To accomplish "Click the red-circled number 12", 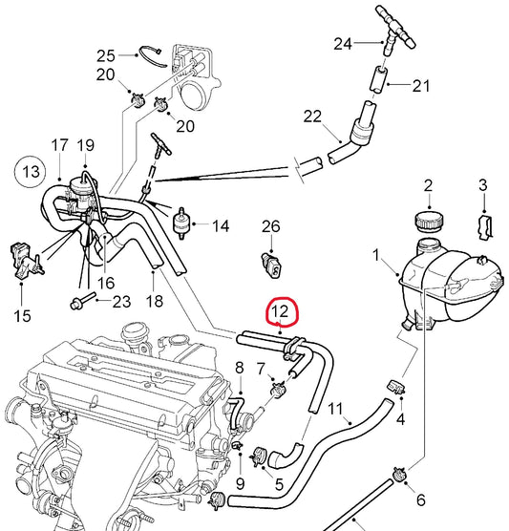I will click(281, 311).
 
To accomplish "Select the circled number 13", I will click(31, 172).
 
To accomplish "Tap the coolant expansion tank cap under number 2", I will click(427, 221).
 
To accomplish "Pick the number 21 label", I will click(421, 86).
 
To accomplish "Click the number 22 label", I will click(312, 117).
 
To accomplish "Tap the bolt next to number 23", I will click(81, 303).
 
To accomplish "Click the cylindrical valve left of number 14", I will click(178, 223).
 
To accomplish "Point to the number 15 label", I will click(20, 313).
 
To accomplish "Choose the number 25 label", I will click(105, 54).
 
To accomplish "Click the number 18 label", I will click(154, 302).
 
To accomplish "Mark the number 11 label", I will click(335, 410).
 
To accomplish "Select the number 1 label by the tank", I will click(376, 255).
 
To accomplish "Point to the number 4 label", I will click(401, 418).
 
